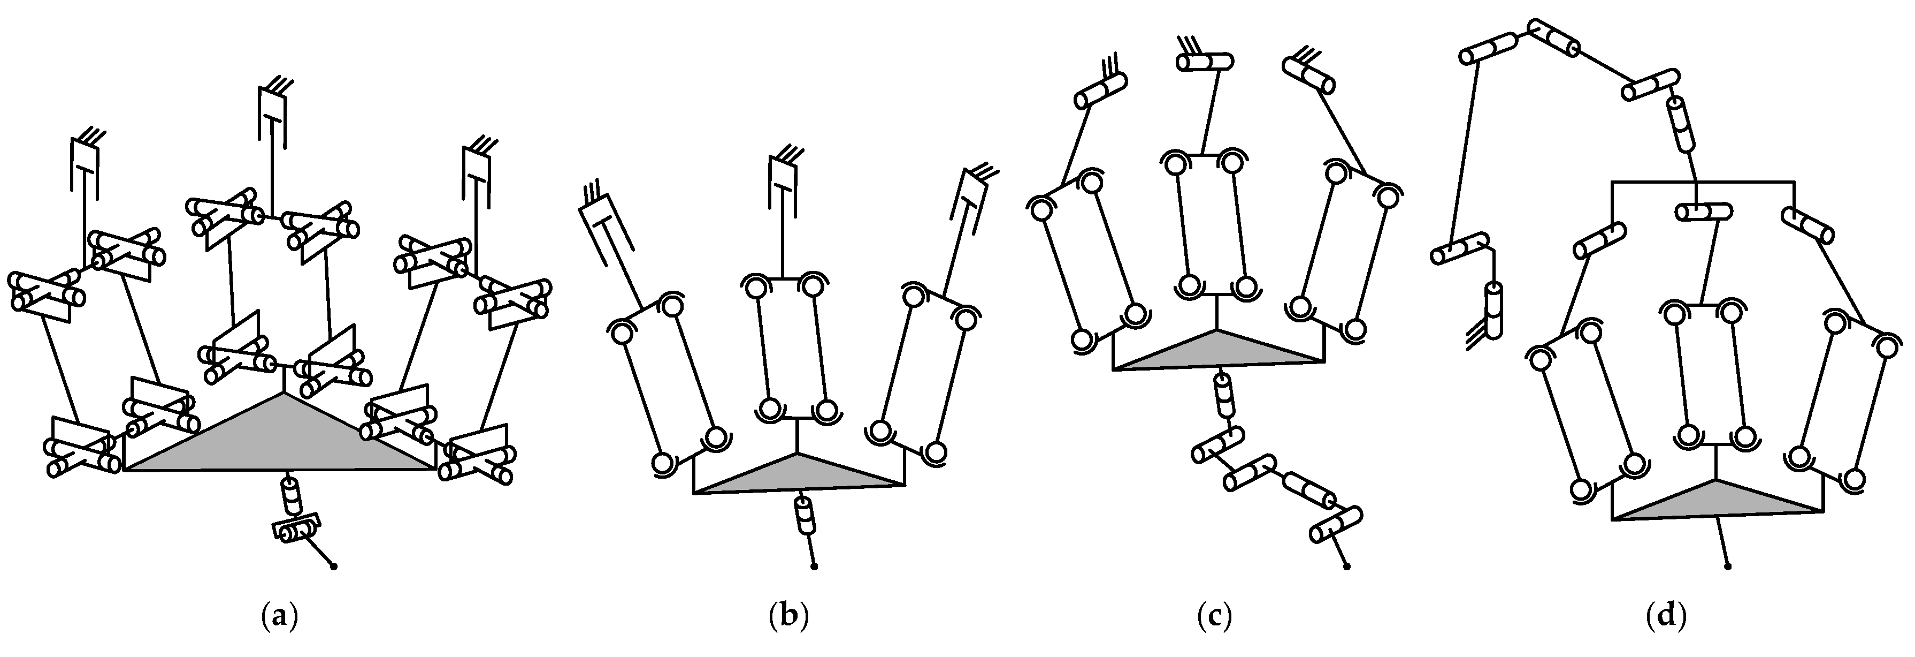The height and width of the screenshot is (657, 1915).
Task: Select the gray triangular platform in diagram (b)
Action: [x=799, y=476]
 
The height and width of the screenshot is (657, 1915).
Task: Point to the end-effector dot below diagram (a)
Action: [x=334, y=568]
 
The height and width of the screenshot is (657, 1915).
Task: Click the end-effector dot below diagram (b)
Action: [x=815, y=568]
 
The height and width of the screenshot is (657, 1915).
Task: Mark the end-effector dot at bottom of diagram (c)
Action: [x=1347, y=568]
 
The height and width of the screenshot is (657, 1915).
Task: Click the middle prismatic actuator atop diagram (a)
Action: [x=273, y=115]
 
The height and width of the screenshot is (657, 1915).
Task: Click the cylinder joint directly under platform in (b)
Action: [x=805, y=515]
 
